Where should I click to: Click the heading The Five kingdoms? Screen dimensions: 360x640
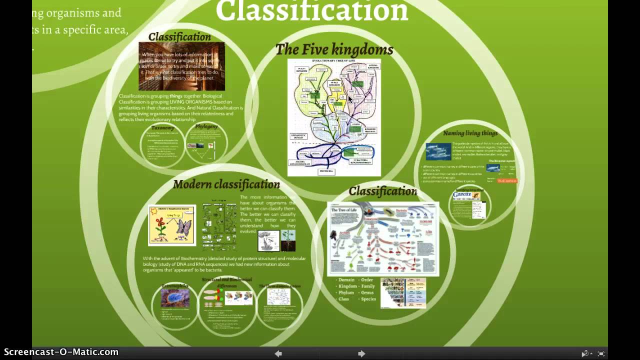click(334, 49)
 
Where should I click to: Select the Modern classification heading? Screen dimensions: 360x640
click(226, 184)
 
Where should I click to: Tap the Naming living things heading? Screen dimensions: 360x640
click(470, 133)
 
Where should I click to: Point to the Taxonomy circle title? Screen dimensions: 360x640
click(162, 128)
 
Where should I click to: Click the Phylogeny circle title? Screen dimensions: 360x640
click(206, 126)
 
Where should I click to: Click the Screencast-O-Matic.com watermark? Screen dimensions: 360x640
click(61, 352)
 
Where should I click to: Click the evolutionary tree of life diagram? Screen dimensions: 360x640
click(334, 117)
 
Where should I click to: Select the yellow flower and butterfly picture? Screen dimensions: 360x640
click(172, 225)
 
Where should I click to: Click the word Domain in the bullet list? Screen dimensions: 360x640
click(346, 280)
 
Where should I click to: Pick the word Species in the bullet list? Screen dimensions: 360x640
click(368, 299)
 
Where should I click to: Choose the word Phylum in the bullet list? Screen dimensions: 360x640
click(346, 292)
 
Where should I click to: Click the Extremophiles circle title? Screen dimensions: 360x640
click(174, 286)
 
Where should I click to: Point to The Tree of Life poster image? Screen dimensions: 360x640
click(383, 239)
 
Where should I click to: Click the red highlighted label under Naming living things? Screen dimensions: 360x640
click(507, 180)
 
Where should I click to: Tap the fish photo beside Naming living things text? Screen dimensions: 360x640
click(438, 151)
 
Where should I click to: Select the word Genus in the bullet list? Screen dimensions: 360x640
click(367, 292)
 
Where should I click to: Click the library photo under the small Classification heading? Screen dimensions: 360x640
click(181, 66)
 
